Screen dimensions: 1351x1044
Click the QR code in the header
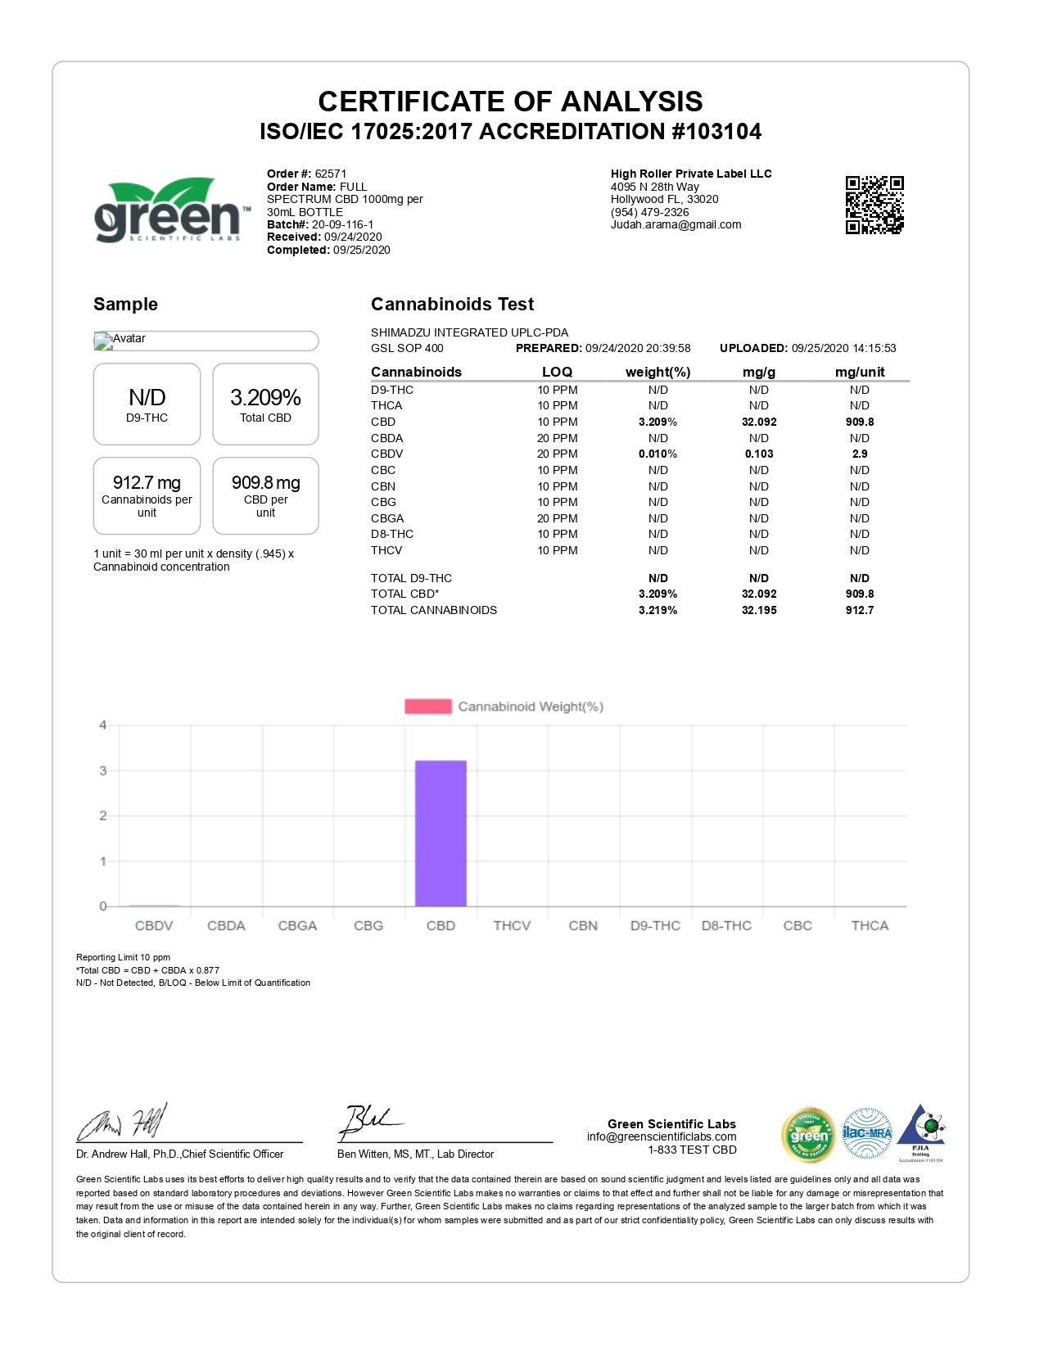coord(875,205)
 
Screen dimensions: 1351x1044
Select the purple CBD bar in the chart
coord(441,833)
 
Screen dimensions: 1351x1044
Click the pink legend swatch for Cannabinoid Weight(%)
coord(427,707)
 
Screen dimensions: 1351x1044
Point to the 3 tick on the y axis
coord(103,770)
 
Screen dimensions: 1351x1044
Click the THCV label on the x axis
coord(512,925)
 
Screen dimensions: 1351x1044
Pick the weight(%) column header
coord(658,372)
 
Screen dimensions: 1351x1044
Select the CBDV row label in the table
coord(386,454)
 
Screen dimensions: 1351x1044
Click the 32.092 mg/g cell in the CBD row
coord(759,422)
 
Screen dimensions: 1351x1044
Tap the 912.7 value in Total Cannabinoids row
coord(860,610)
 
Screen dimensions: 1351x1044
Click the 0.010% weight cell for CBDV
coord(658,454)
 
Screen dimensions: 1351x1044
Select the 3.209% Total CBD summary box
coord(265,404)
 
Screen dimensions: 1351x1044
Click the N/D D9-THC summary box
coord(147,404)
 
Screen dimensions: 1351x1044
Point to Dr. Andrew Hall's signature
coord(123,1122)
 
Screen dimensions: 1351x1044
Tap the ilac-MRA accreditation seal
coord(867,1134)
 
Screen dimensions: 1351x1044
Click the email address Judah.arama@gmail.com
coord(676,224)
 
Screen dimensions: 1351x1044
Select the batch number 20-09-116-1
coord(342,224)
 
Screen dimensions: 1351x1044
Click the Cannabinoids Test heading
coord(452,305)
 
